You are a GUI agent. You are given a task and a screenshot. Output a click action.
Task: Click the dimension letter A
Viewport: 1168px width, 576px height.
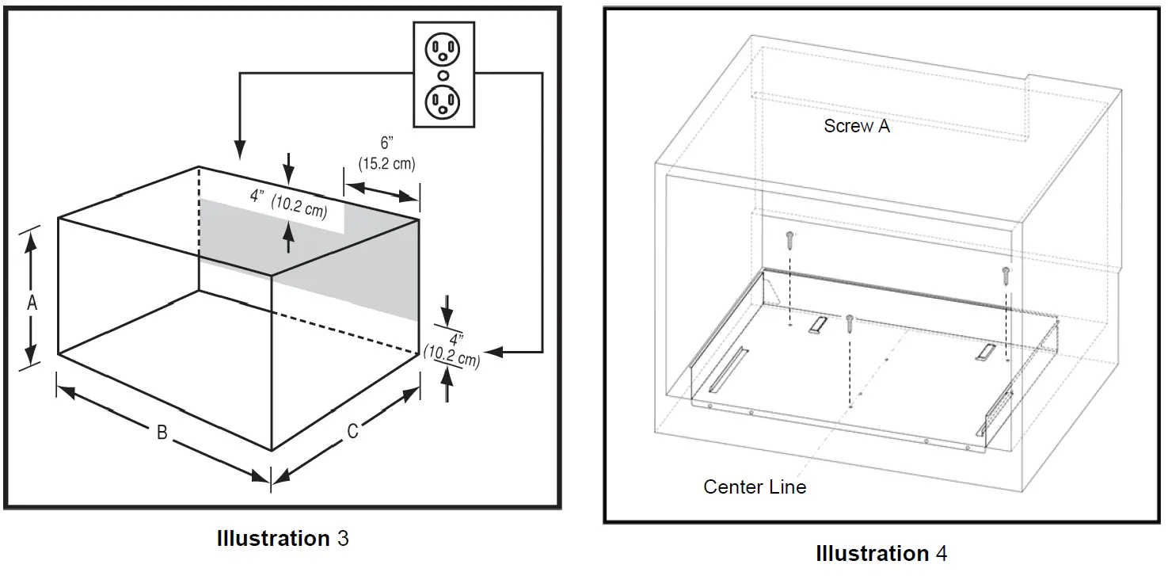32,303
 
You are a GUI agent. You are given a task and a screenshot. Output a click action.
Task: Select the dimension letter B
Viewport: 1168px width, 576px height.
162,433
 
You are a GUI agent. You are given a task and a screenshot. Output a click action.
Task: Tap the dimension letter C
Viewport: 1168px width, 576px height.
353,431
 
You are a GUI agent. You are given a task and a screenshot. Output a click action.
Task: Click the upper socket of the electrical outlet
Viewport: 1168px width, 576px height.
443,51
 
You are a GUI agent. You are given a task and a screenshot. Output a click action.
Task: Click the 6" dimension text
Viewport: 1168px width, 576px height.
386,143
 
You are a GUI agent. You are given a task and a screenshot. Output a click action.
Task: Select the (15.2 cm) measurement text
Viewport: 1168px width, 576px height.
386,164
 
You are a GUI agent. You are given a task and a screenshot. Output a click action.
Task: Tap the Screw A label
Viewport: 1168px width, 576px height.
857,126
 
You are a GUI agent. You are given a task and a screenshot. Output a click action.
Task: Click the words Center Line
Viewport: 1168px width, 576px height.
755,486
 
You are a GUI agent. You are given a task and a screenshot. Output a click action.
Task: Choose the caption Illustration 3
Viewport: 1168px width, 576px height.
282,539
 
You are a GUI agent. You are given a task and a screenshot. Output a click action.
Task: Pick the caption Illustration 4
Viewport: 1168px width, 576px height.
881,552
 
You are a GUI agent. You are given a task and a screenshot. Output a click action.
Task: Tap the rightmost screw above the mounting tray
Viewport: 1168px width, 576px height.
1006,275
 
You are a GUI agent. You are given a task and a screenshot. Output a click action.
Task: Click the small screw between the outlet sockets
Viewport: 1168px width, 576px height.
443,75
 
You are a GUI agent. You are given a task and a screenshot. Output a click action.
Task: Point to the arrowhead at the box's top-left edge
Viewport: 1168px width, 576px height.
240,148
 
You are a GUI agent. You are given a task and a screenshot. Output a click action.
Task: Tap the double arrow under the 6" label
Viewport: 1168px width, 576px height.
382,191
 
